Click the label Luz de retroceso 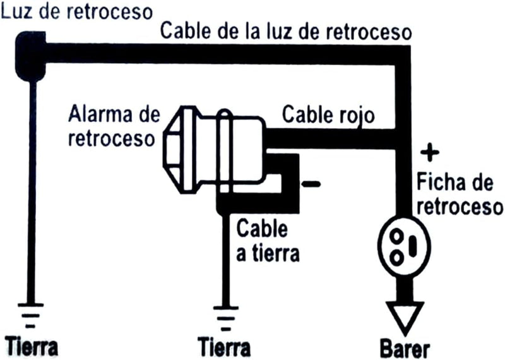point(76,11)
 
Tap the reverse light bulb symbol point(30,56)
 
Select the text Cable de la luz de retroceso point(286,31)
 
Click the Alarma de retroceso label point(114,127)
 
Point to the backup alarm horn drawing point(215,150)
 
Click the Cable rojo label point(328,115)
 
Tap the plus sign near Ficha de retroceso point(430,152)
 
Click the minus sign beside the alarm point(311,184)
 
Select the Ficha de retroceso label point(460,194)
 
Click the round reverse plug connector point(404,246)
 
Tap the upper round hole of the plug point(396,236)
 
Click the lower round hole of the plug point(396,258)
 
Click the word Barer point(405,349)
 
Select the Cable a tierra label point(268,241)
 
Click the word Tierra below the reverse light point(32,347)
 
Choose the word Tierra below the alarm point(224,348)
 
